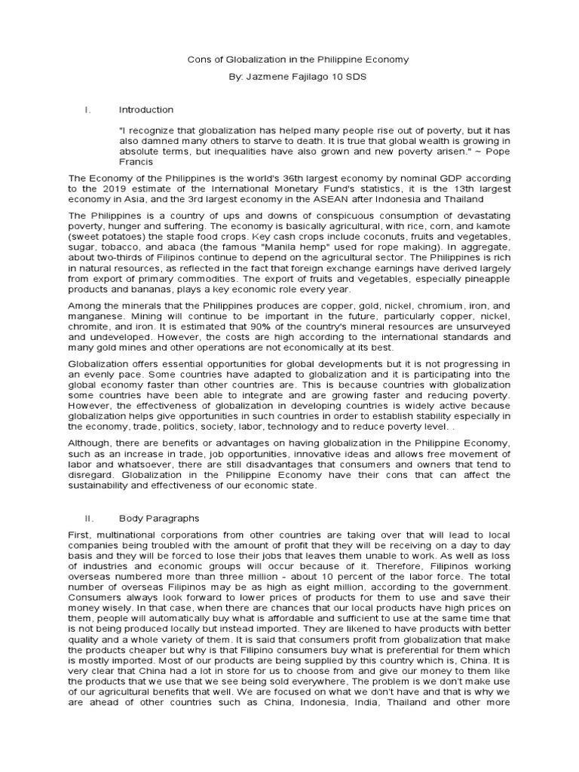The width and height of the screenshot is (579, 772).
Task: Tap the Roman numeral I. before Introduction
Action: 87,110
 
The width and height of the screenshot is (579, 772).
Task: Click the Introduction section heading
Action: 146,110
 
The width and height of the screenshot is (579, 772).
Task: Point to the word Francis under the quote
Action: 136,161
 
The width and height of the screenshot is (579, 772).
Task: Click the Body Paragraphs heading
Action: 159,519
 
